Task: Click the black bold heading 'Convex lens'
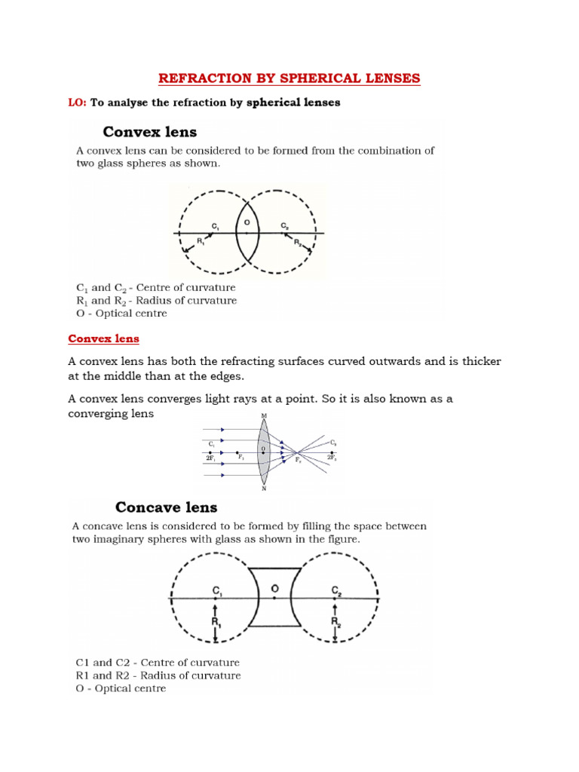[150, 132]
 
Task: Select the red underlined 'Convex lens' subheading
[104, 339]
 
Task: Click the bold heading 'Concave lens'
[166, 507]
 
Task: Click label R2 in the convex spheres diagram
[298, 244]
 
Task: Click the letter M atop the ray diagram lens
[263, 415]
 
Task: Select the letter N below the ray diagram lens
[263, 489]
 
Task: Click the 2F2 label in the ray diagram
[331, 458]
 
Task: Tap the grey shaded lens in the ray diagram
[263, 452]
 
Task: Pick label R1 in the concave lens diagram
[216, 622]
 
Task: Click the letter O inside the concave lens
[275, 587]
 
